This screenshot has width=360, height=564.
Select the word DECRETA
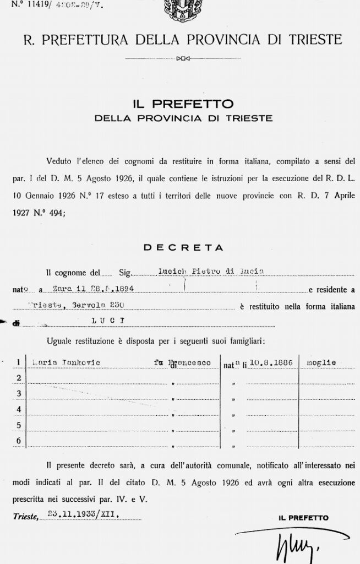pos(183,248)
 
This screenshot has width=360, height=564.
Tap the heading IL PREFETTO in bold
pos(183,104)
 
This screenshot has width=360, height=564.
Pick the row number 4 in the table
pos(19,409)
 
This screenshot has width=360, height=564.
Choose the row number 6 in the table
pos(19,441)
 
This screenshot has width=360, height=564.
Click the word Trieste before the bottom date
pos(25,517)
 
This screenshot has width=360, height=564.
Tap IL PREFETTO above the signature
pos(303,518)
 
